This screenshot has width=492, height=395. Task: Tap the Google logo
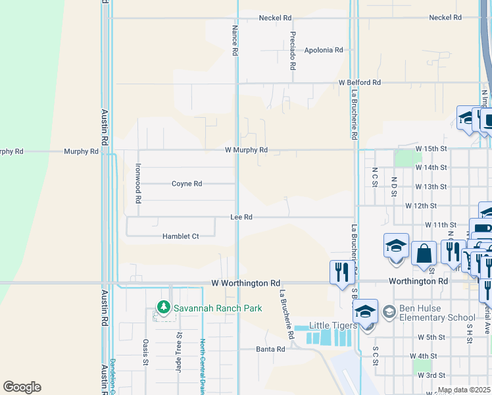pos(22,387)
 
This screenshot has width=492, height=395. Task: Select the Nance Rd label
pos(234,41)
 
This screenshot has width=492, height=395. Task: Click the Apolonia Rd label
pos(324,50)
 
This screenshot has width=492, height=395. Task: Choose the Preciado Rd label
pos(291,50)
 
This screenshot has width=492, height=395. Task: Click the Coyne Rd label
pos(187,184)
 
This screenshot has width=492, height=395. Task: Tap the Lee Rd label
pos(241,217)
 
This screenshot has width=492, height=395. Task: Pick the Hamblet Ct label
pos(181,236)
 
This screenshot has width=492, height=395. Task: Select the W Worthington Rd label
pos(245,283)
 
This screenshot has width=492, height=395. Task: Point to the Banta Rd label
pos(270,350)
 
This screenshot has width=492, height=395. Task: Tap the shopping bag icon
pos(424,253)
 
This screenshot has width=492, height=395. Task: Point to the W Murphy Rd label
pos(246,150)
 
